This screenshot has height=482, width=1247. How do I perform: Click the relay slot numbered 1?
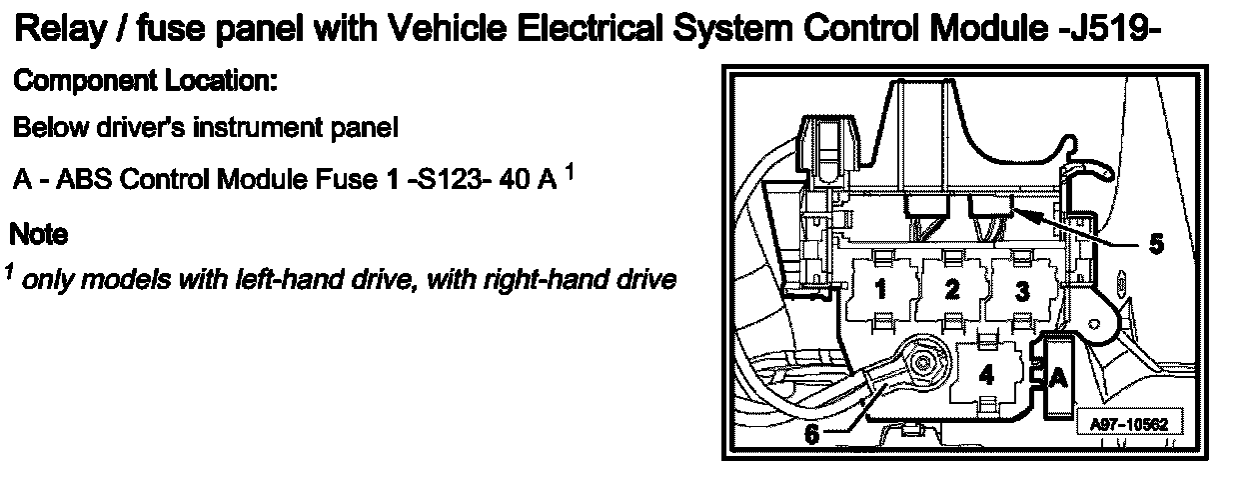[x=881, y=290]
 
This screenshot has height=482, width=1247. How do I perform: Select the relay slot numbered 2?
[x=952, y=290]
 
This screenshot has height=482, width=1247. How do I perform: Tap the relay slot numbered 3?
[x=1021, y=290]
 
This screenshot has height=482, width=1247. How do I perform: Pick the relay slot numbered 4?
[x=987, y=375]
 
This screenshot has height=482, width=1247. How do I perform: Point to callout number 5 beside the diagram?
[x=1156, y=243]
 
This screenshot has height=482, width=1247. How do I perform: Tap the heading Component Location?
[x=145, y=82]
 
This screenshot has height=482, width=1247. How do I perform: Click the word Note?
[x=38, y=236]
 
